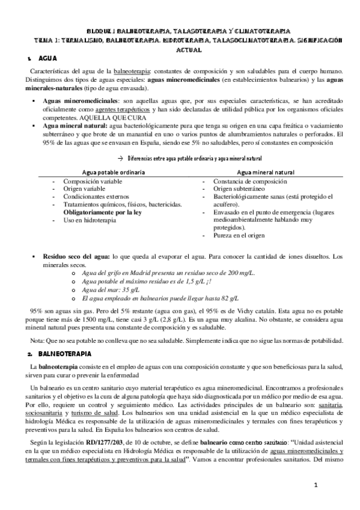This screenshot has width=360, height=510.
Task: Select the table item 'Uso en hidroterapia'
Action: pyautogui.click(x=90, y=221)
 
